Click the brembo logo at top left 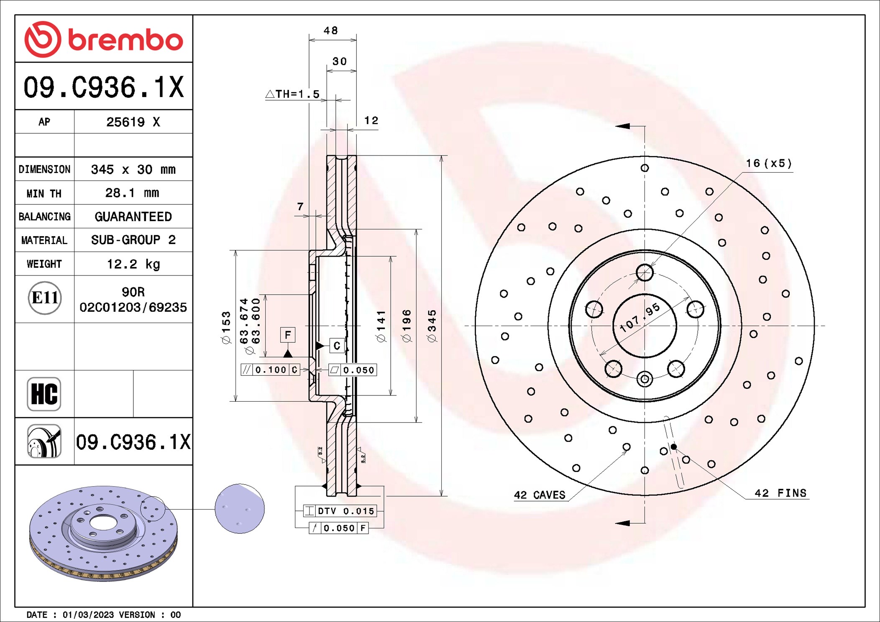point(103,39)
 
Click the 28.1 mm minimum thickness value point(132,193)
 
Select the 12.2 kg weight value point(133,264)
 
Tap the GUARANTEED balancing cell point(133,217)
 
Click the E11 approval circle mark point(45,298)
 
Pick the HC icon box point(44,394)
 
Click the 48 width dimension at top point(330,31)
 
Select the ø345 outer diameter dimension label point(432,326)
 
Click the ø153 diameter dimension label point(226,327)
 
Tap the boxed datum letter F point(288,335)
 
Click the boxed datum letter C point(337,346)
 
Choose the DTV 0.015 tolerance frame point(340,511)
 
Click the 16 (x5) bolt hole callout point(769,163)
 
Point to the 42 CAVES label point(540,495)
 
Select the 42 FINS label point(780,493)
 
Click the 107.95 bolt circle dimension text point(640,318)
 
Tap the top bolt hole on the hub point(645,273)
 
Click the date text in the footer point(103,614)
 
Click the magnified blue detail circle point(240,509)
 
